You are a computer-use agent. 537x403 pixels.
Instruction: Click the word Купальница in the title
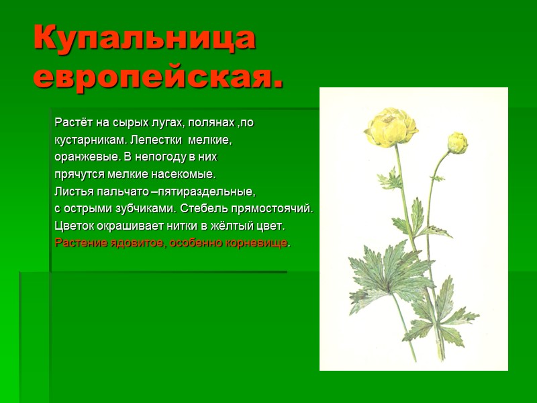[x=144, y=39]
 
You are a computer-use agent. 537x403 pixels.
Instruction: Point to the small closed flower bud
[x=458, y=142]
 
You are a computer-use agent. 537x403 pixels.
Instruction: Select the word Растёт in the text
[x=70, y=124]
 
